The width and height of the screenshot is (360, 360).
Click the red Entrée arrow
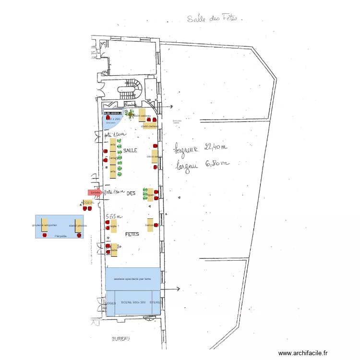[x=95, y=192]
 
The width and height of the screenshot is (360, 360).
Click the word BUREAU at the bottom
[x=121, y=339]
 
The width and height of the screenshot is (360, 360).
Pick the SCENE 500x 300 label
[x=133, y=303]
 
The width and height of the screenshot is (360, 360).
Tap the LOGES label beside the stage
[x=110, y=303]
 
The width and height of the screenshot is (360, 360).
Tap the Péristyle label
[x=60, y=236]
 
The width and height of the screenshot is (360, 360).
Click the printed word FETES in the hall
[x=132, y=234]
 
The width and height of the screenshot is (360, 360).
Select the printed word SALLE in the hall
[x=130, y=151]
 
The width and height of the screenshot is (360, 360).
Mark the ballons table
[x=150, y=225]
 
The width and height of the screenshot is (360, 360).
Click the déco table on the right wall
[x=155, y=156]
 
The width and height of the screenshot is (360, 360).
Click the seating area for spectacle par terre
[x=133, y=279]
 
